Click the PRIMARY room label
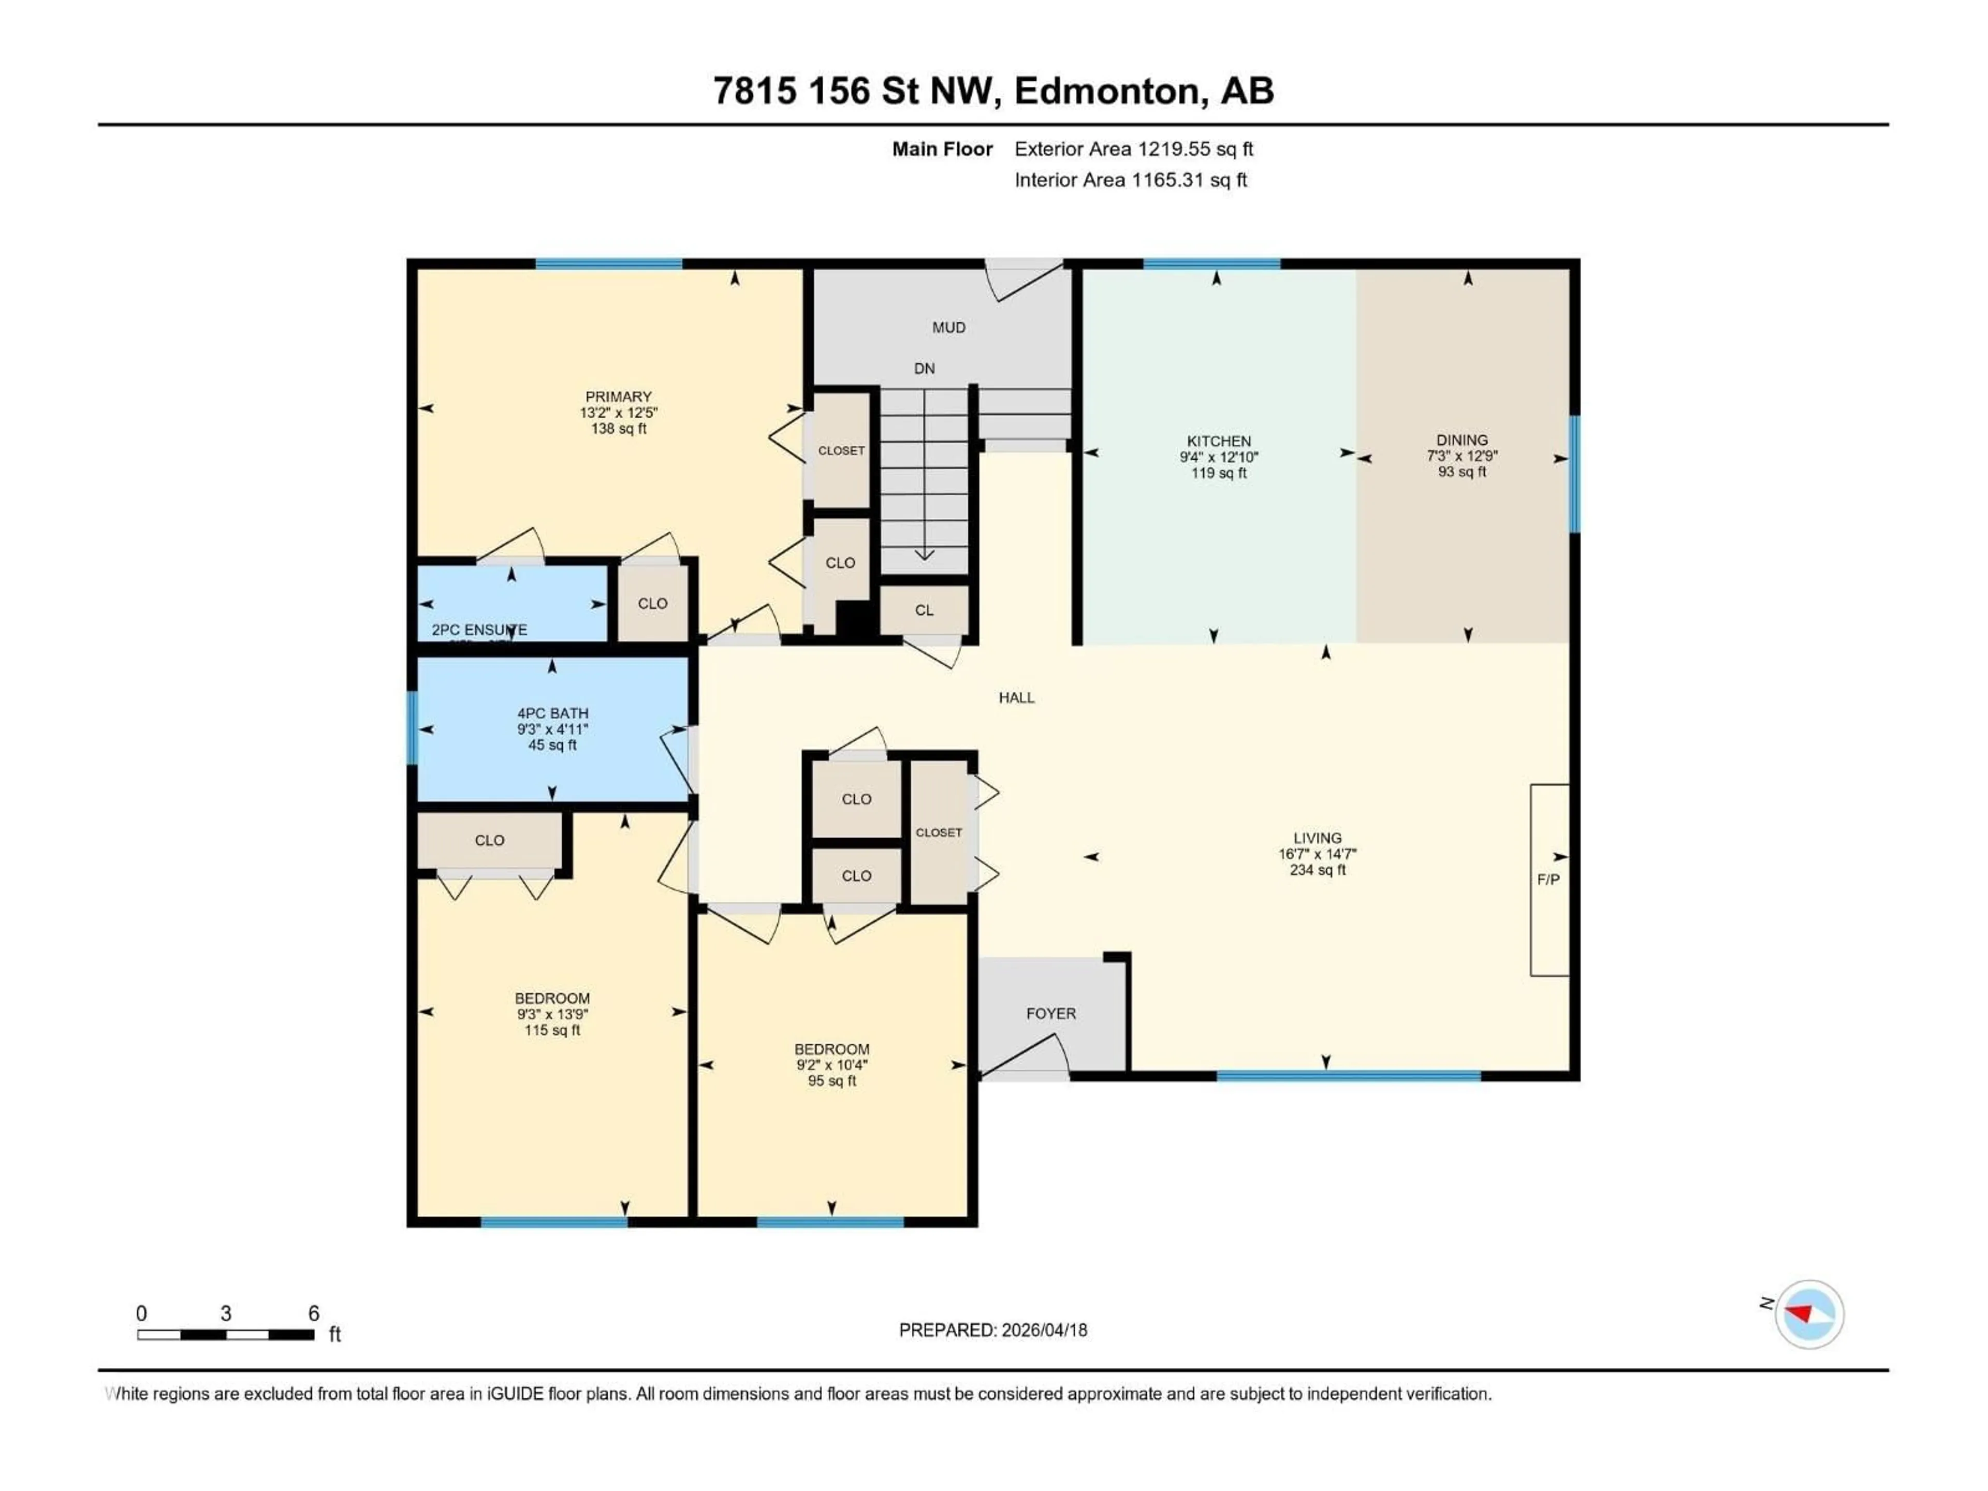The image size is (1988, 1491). (x=618, y=397)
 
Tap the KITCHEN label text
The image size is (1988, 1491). (x=1219, y=441)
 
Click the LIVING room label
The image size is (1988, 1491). (x=1317, y=838)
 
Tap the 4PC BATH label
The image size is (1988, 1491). (x=552, y=713)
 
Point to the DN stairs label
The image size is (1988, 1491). (x=924, y=369)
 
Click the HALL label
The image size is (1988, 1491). (x=1016, y=697)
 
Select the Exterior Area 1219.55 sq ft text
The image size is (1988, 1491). (x=1133, y=149)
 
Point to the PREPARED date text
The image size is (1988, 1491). (x=992, y=1330)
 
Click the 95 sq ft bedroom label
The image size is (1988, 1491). (x=831, y=1081)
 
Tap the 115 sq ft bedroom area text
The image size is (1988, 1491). (x=552, y=1030)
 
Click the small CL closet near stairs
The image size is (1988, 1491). (x=924, y=610)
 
